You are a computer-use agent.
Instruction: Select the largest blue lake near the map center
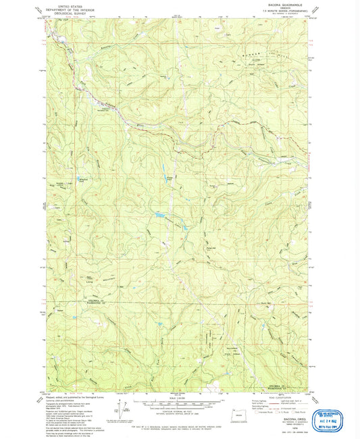(x=161, y=217)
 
